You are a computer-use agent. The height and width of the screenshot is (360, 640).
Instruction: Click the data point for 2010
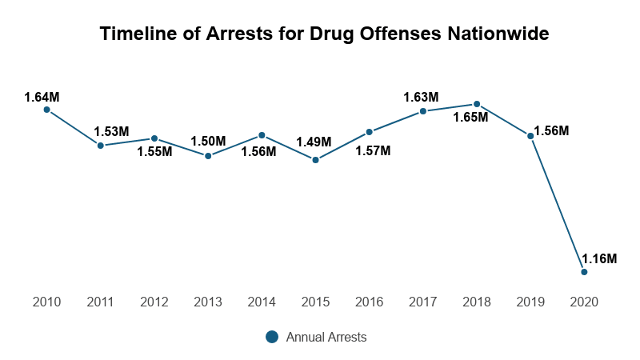click(x=46, y=110)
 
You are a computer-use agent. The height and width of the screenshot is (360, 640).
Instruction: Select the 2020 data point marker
click(x=584, y=272)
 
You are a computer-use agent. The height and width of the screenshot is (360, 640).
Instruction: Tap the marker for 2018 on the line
click(x=477, y=104)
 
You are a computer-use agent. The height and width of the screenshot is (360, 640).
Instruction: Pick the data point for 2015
click(x=315, y=160)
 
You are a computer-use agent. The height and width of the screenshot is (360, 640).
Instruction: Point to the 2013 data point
click(x=208, y=156)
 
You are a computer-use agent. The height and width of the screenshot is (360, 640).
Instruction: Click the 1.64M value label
click(x=42, y=97)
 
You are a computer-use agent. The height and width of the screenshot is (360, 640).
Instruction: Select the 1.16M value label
click(x=599, y=258)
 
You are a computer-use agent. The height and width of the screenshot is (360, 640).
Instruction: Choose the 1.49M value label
click(x=313, y=142)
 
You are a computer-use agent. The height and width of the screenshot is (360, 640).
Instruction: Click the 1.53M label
click(x=111, y=131)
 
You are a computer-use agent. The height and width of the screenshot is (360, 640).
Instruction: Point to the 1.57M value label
click(x=373, y=150)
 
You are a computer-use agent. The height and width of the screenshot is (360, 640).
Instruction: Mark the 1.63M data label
click(x=421, y=97)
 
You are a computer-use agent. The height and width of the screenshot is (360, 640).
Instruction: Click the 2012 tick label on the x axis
click(x=154, y=302)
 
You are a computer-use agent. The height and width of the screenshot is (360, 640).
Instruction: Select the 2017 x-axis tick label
click(x=422, y=302)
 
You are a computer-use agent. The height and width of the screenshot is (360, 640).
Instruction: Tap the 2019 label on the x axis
click(x=530, y=302)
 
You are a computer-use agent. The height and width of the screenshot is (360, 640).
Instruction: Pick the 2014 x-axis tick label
click(x=262, y=302)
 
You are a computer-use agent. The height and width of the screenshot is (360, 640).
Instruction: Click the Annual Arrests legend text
click(x=326, y=338)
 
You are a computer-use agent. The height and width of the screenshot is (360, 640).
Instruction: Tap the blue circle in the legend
click(x=272, y=338)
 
